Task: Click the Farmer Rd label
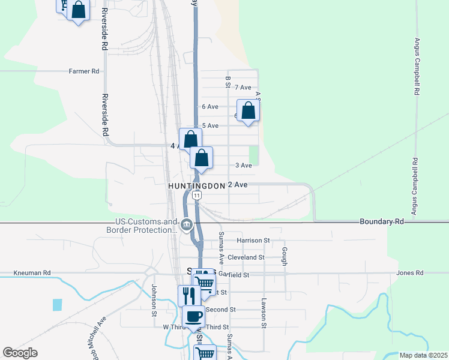[83, 71]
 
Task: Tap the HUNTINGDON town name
[196, 186]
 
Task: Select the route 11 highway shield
[196, 196]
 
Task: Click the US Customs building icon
[186, 225]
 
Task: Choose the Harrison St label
[253, 241]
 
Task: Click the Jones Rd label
[410, 273]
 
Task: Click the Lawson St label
[264, 313]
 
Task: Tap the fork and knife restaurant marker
[188, 295]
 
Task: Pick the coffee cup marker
[193, 316]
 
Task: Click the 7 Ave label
[243, 88]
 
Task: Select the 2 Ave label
[238, 185]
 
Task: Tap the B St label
[228, 82]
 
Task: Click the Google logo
[20, 353]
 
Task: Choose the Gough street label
[285, 256]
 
